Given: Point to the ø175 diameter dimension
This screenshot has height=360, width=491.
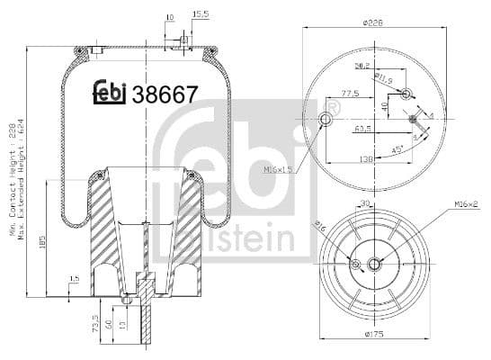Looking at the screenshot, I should (375, 334).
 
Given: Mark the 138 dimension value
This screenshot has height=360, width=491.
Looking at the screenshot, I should (367, 158).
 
